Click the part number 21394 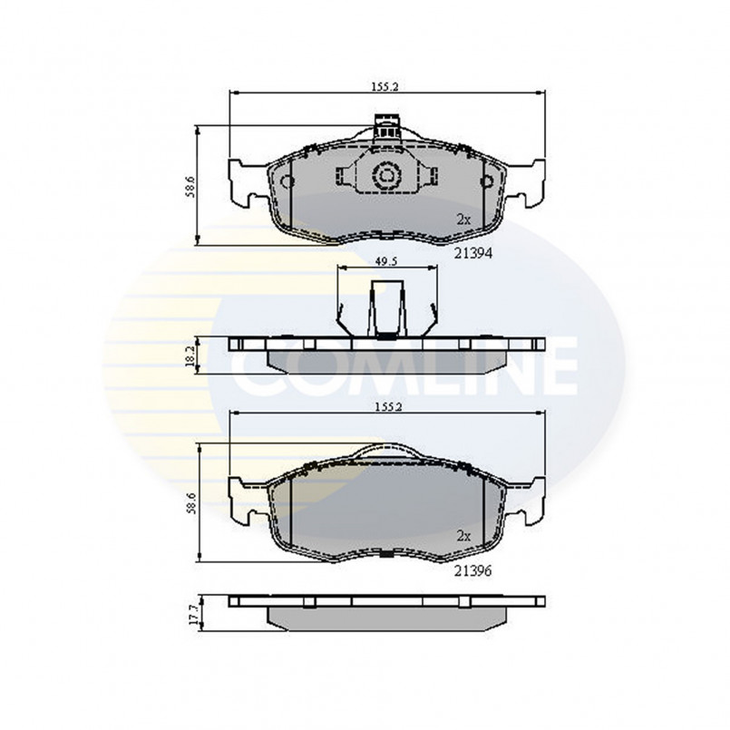coord(473,253)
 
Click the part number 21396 coord(473,570)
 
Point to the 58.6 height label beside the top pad coord(190,187)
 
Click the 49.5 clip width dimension coord(386,262)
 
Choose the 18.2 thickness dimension coord(190,355)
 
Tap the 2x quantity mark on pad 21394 coord(463,219)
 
